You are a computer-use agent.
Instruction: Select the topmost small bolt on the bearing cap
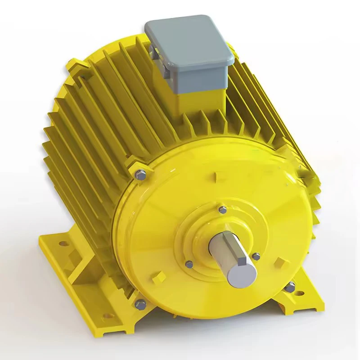click(222, 209)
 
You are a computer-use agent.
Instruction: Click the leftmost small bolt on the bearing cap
click(189, 264)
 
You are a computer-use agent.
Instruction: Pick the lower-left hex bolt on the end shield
click(141, 304)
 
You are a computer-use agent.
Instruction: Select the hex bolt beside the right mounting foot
click(291, 286)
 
